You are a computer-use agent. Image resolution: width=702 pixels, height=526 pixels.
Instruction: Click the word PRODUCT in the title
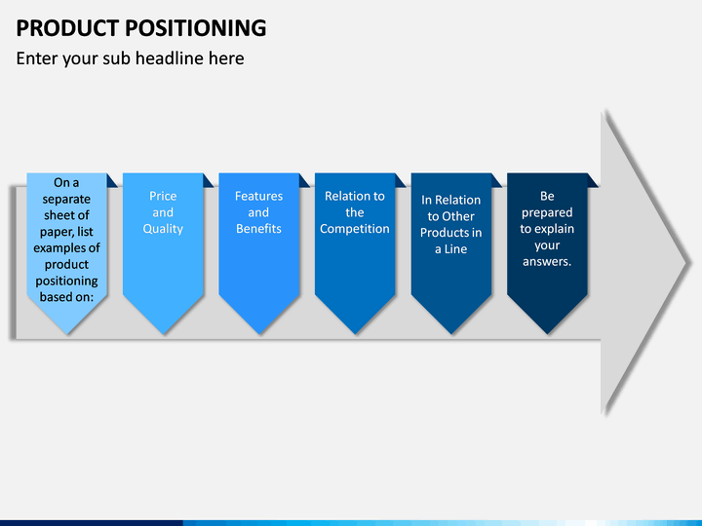click(x=67, y=27)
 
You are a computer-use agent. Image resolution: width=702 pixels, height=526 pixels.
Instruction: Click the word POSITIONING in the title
click(x=196, y=27)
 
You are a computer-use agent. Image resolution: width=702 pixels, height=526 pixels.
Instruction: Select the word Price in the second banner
click(x=163, y=196)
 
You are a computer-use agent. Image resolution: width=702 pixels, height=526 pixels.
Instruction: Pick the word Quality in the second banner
click(x=163, y=229)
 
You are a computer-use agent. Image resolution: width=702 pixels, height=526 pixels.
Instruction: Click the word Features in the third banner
click(x=258, y=196)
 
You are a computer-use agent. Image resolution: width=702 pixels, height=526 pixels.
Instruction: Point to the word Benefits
click(x=258, y=229)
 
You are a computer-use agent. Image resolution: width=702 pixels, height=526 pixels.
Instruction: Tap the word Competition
click(x=355, y=229)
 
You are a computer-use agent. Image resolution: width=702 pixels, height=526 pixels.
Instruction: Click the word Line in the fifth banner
click(x=455, y=249)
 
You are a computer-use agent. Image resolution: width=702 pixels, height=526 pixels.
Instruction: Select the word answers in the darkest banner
click(x=547, y=262)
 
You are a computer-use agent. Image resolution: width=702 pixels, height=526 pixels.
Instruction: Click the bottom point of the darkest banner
click(x=547, y=333)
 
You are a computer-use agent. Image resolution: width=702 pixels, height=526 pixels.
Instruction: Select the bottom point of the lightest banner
click(x=67, y=333)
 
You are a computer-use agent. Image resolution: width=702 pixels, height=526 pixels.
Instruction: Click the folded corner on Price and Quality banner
click(x=208, y=181)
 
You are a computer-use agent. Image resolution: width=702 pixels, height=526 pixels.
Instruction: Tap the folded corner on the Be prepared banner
click(x=592, y=181)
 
